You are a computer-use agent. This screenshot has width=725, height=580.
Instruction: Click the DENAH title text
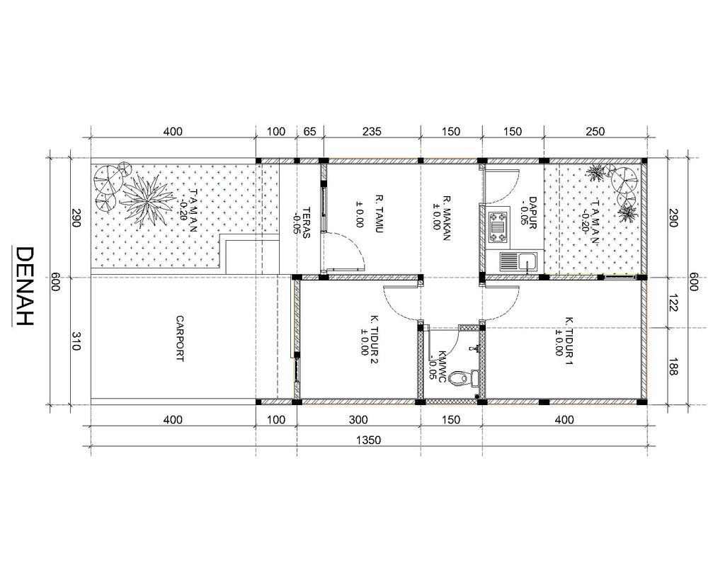click(x=24, y=286)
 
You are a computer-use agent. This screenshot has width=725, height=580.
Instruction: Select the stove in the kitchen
click(x=498, y=227)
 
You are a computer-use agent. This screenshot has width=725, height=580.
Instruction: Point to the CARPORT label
click(x=180, y=339)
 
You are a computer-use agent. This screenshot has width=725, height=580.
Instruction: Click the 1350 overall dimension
click(x=368, y=440)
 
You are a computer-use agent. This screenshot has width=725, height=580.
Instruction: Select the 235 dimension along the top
click(x=372, y=131)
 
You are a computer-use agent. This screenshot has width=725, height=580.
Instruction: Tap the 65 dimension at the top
click(x=310, y=131)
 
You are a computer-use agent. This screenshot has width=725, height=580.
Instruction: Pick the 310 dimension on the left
click(x=76, y=341)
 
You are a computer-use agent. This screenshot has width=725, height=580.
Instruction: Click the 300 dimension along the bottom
click(x=358, y=419)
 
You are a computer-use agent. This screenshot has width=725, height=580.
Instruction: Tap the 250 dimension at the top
click(x=595, y=131)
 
